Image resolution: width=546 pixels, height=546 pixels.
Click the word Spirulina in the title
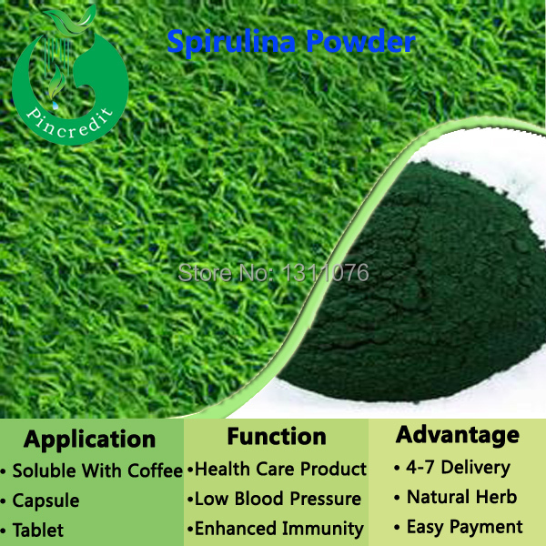click(231, 43)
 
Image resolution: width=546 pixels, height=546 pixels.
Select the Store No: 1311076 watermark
click(273, 272)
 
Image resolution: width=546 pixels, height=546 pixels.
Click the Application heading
click(89, 440)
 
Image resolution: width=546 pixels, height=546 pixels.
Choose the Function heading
click(277, 436)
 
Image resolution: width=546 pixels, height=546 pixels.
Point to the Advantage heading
click(457, 436)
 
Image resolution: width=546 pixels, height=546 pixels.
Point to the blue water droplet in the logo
click(55, 106)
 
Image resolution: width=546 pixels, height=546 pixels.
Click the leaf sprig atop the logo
click(71, 20)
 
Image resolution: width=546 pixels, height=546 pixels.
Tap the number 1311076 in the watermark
click(325, 272)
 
